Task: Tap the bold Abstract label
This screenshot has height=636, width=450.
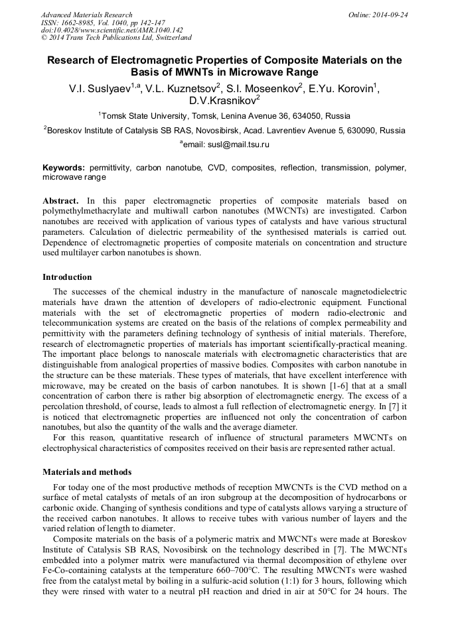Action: [x=60, y=200]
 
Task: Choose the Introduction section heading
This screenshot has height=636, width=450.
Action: [x=67, y=277]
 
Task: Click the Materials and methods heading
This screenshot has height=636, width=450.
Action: [x=87, y=472]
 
